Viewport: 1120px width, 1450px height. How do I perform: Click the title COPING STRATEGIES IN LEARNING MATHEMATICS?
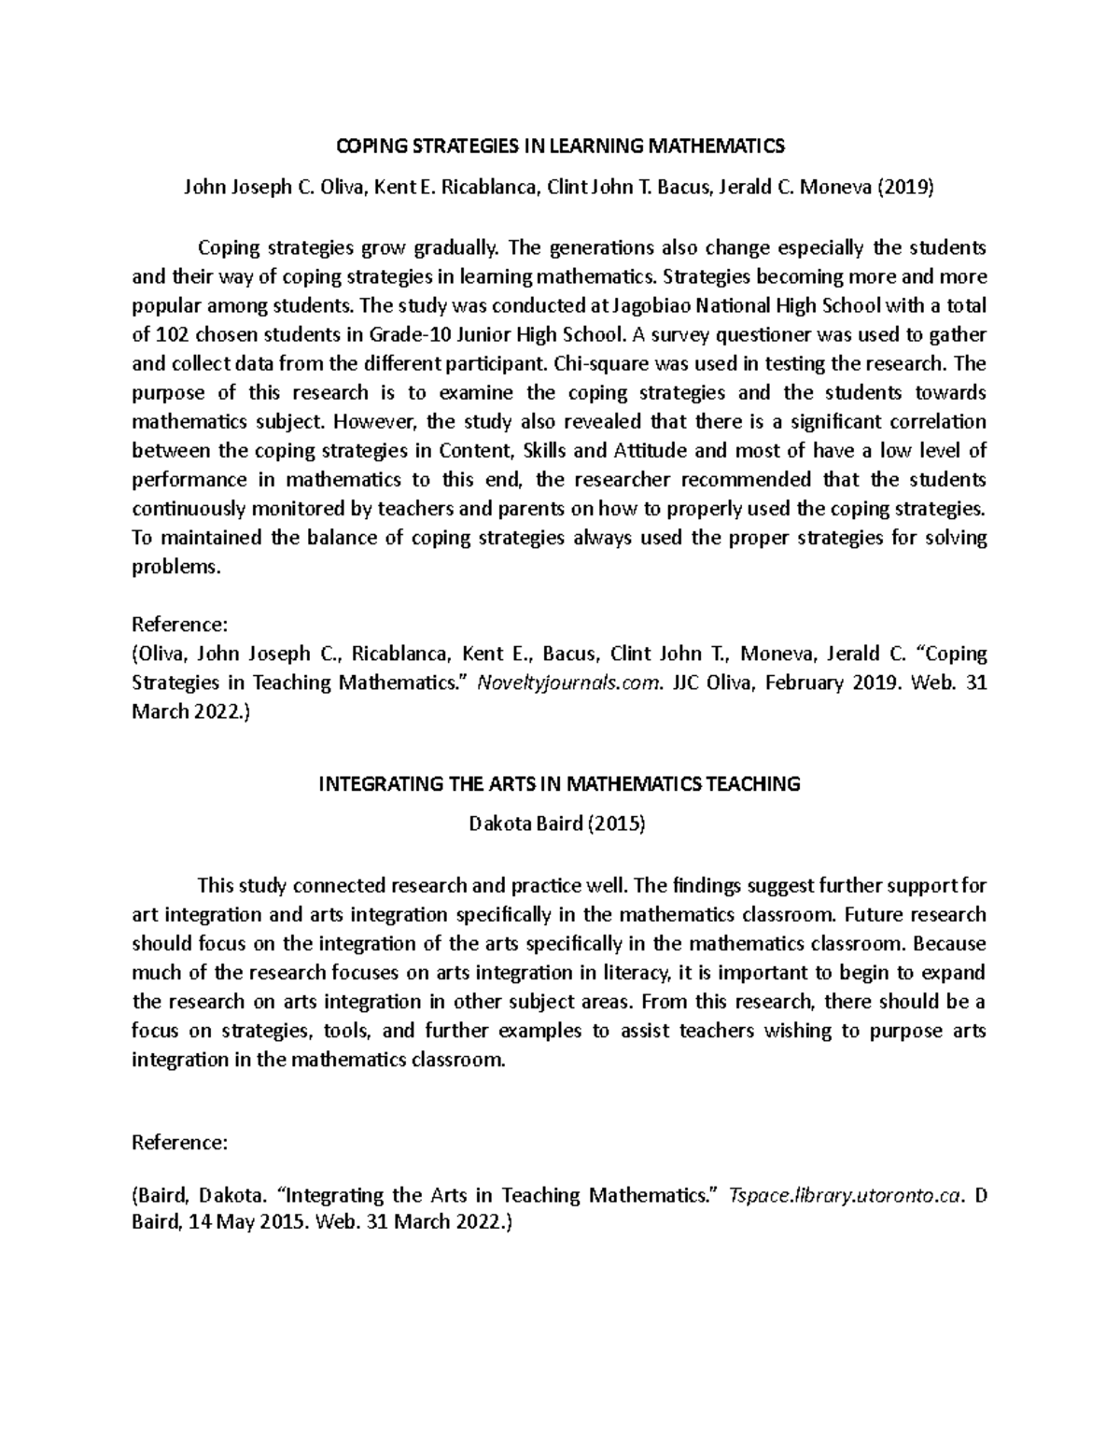(x=560, y=147)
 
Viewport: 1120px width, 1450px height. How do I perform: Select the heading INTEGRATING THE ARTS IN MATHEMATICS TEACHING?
(x=560, y=784)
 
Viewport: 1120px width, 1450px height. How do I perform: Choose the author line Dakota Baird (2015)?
(x=560, y=825)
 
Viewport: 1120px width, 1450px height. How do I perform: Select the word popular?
(x=165, y=305)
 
